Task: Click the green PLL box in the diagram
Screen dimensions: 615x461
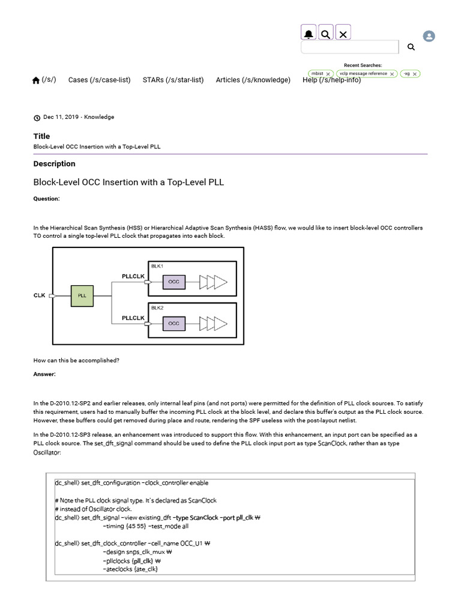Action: [82, 296]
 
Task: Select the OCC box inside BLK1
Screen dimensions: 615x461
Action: [173, 280]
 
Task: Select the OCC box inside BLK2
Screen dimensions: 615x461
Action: [173, 323]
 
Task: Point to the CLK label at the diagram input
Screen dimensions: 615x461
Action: [40, 295]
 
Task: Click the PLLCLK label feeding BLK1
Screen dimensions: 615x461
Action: [133, 276]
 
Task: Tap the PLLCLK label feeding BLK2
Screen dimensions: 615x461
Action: [133, 318]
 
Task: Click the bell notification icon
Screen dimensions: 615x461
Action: [309, 34]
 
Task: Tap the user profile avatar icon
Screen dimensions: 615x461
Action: [429, 36]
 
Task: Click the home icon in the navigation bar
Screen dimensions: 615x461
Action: [36, 80]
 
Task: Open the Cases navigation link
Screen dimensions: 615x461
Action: [99, 80]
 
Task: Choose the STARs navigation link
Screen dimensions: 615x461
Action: [173, 80]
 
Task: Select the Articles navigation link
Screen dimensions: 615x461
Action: [253, 80]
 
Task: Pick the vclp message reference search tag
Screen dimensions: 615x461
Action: [364, 74]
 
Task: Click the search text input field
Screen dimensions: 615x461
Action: [349, 47]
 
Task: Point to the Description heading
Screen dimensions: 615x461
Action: [55, 164]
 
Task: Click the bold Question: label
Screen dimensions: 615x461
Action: [46, 199]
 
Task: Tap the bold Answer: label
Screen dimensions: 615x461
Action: [44, 374]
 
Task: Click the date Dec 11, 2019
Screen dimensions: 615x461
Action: [61, 117]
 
